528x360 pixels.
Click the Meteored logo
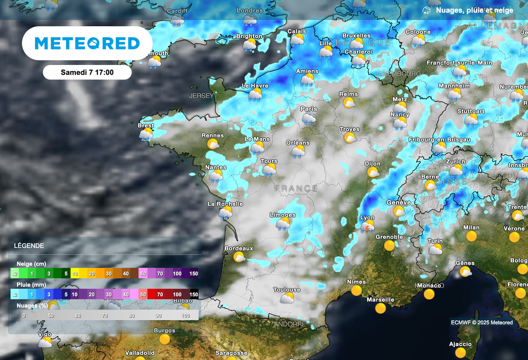87,43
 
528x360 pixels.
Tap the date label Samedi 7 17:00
87,72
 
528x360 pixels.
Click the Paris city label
309,109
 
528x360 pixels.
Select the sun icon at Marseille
381,308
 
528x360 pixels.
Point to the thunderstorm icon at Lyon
368,227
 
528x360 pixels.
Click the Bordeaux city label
239,248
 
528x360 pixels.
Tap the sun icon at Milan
471,236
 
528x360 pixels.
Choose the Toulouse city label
287,290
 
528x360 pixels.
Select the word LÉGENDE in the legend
29,246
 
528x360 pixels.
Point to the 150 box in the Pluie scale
193,294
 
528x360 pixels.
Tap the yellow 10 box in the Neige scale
75,273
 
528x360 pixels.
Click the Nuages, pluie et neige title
474,10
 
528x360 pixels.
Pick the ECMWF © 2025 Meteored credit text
482,322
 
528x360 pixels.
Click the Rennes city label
212,136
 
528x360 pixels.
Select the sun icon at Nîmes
356,291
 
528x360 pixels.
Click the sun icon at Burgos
164,339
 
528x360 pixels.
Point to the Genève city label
399,203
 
